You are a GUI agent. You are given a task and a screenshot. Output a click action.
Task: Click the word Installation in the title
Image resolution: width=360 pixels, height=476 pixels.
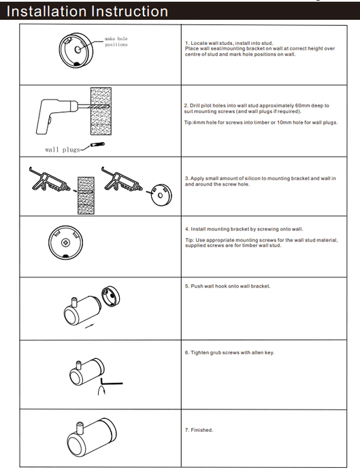click(x=46, y=12)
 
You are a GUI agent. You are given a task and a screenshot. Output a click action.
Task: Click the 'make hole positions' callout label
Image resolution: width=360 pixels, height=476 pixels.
click(x=116, y=41)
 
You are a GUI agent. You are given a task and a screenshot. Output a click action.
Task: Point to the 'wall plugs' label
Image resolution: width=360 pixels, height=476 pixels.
click(x=63, y=150)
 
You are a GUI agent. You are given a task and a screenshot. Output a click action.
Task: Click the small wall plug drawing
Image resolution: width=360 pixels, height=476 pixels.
click(x=97, y=145)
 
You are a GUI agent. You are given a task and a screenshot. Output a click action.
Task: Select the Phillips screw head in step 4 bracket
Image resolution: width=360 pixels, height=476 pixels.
click(x=65, y=242)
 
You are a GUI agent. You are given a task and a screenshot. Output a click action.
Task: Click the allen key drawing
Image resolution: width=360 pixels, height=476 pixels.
click(x=111, y=381)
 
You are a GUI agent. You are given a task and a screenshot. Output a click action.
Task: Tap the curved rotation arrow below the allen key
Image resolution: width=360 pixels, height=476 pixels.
click(x=102, y=390)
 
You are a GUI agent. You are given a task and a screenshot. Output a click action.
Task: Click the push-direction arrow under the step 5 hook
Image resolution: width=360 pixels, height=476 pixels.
click(x=89, y=326)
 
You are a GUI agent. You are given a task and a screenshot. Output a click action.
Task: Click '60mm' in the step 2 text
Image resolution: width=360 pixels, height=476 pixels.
click(x=301, y=105)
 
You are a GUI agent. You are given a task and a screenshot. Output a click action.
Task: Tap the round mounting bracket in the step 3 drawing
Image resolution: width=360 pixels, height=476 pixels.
click(x=161, y=195)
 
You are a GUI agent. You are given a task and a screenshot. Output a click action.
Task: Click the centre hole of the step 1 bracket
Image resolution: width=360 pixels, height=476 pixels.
click(x=78, y=50)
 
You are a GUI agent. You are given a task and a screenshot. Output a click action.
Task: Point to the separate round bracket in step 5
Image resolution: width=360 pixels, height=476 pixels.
click(x=110, y=296)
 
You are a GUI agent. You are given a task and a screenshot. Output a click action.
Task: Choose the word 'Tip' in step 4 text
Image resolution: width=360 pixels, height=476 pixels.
click(x=189, y=240)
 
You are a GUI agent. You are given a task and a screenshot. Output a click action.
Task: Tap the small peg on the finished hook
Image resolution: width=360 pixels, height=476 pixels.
click(x=80, y=428)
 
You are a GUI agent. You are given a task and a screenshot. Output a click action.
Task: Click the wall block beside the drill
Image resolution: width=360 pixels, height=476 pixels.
click(x=101, y=111)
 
